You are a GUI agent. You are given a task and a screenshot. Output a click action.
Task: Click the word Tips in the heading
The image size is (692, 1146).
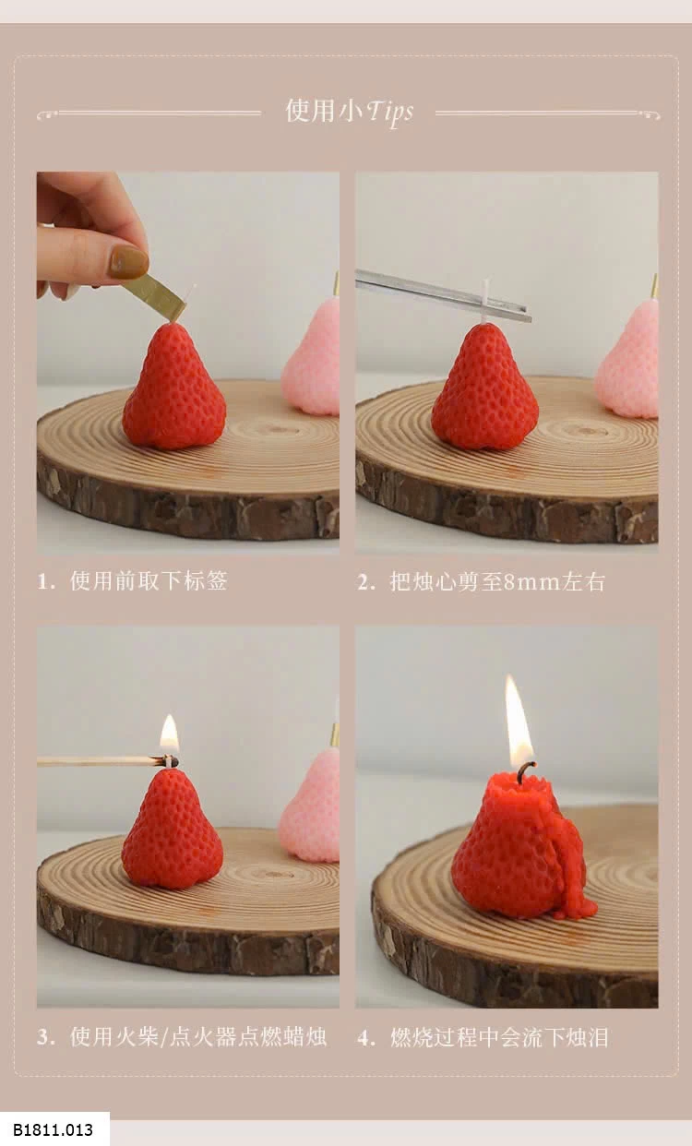click(x=389, y=113)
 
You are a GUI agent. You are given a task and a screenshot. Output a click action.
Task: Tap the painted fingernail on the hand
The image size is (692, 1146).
click(x=128, y=261)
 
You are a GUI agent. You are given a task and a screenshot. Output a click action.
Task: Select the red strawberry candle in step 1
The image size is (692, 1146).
click(x=173, y=387)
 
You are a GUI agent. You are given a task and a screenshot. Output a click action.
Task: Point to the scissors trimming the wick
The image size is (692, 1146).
click(x=443, y=295)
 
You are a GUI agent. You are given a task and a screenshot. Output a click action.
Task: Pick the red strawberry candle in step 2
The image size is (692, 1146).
click(x=484, y=387)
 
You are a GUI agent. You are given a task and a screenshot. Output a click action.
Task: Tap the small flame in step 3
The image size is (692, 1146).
click(x=169, y=734)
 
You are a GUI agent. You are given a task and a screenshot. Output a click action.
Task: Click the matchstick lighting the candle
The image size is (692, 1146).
click(x=107, y=762)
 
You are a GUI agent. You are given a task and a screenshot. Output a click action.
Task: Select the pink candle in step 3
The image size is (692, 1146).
click(x=309, y=805)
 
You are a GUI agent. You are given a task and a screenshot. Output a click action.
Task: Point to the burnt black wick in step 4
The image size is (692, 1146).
click(x=525, y=773)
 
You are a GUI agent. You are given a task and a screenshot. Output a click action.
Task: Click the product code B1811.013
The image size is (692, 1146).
click(x=53, y=1129)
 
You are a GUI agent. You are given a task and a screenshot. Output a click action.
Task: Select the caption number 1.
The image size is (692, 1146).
click(x=46, y=581)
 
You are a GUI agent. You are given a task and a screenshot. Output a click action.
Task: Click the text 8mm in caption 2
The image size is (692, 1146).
click(x=532, y=582)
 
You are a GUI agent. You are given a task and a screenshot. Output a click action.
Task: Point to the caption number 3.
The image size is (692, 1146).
click(x=45, y=1037)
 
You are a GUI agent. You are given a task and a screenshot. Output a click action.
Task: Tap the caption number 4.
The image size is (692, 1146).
click(x=365, y=1037)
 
